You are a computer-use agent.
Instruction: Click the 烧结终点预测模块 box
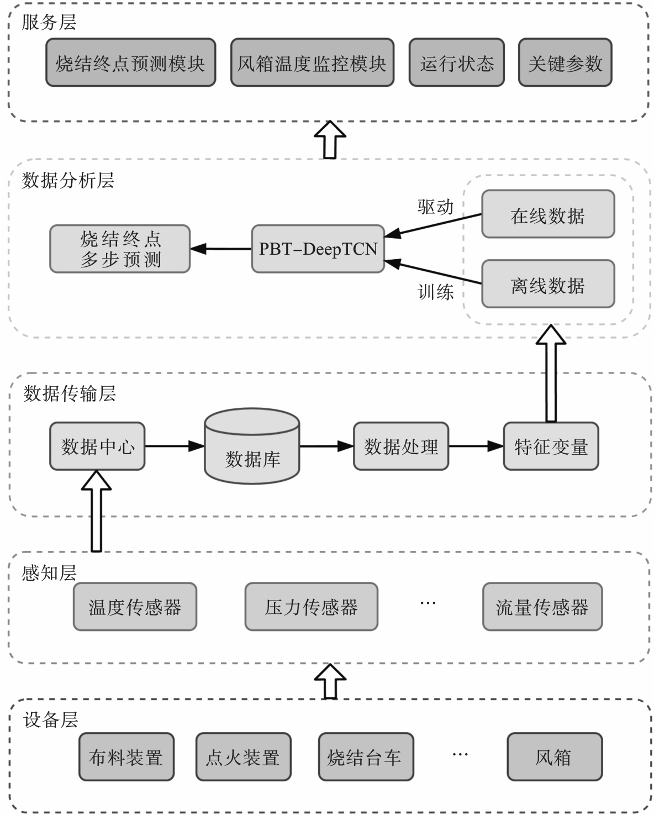tap(130, 62)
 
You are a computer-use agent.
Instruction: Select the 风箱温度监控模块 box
tap(312, 62)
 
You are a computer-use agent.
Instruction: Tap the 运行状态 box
tap(456, 62)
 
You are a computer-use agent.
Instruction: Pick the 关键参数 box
tap(565, 62)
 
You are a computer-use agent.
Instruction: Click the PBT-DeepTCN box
tap(318, 249)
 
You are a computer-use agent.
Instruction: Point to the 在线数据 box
tap(547, 214)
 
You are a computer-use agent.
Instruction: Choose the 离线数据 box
tap(547, 284)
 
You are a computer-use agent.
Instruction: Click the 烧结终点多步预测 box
tap(120, 249)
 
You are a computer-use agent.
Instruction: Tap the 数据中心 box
tap(97, 446)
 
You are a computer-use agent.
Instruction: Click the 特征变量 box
tap(551, 446)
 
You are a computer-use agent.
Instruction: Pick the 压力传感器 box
tap(311, 607)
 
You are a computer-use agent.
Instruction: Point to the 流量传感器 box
tap(542, 607)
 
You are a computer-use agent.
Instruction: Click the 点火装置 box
tap(243, 756)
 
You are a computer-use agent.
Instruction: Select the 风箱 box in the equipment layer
tap(554, 756)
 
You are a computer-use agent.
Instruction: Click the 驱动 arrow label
tap(435, 207)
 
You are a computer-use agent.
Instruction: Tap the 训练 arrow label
tap(435, 291)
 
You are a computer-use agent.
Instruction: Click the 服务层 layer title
tap(49, 22)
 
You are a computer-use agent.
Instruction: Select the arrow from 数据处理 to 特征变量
tap(476, 446)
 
